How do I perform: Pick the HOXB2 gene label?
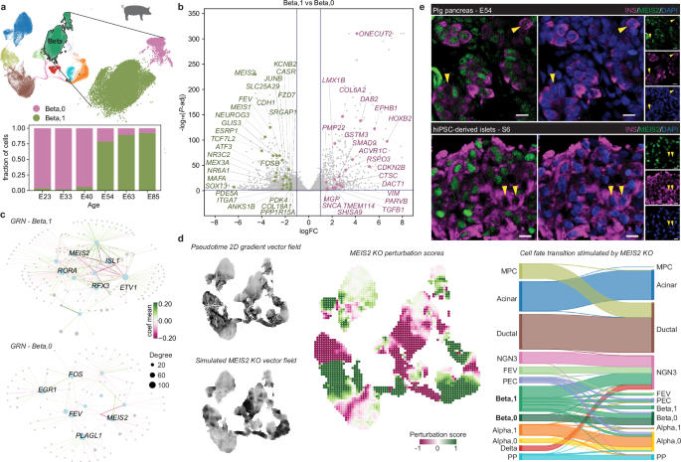pos(400,118)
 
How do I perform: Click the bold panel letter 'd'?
pos(180,238)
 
